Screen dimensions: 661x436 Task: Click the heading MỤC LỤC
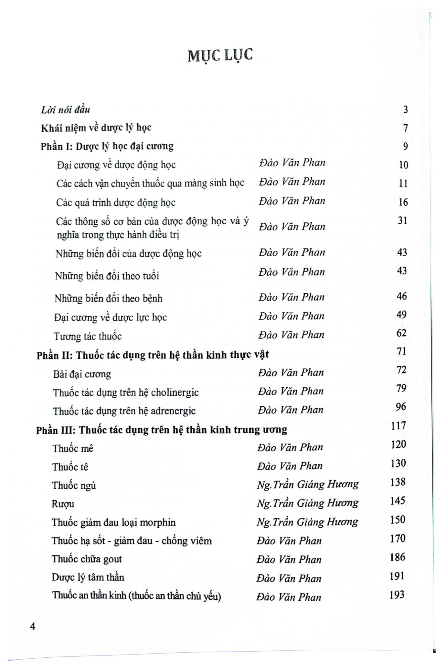point(220,56)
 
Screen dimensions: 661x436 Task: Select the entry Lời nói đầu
point(65,110)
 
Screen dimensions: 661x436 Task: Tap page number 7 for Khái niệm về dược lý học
point(405,128)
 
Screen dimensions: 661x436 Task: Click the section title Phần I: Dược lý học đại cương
point(107,146)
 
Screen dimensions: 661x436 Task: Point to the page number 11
point(403,183)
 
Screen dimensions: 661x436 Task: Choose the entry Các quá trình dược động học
point(116,202)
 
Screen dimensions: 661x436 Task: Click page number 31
point(402,220)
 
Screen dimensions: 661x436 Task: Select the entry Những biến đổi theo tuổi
point(107,276)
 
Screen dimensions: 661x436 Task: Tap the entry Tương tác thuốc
point(88,336)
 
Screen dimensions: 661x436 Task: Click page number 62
point(401,333)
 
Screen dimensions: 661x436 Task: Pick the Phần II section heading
point(153,355)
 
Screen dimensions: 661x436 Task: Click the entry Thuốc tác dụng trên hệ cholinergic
point(126,392)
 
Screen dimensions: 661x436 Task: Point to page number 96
point(401,407)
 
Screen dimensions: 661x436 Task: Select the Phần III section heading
point(161,430)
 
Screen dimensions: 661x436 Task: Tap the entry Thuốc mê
point(73,448)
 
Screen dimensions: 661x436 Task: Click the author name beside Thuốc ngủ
point(307,484)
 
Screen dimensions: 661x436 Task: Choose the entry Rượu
point(63,504)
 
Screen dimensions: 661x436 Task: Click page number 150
point(398,519)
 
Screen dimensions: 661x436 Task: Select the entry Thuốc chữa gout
point(87,559)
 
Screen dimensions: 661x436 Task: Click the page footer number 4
point(32,626)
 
